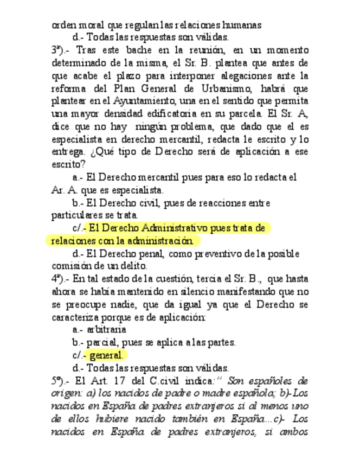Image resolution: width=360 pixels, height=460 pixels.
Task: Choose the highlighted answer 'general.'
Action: [x=106, y=356]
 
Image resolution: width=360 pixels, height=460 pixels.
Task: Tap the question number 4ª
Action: [x=58, y=279]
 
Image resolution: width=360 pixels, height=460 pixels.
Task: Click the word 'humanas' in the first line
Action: [x=244, y=25]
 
